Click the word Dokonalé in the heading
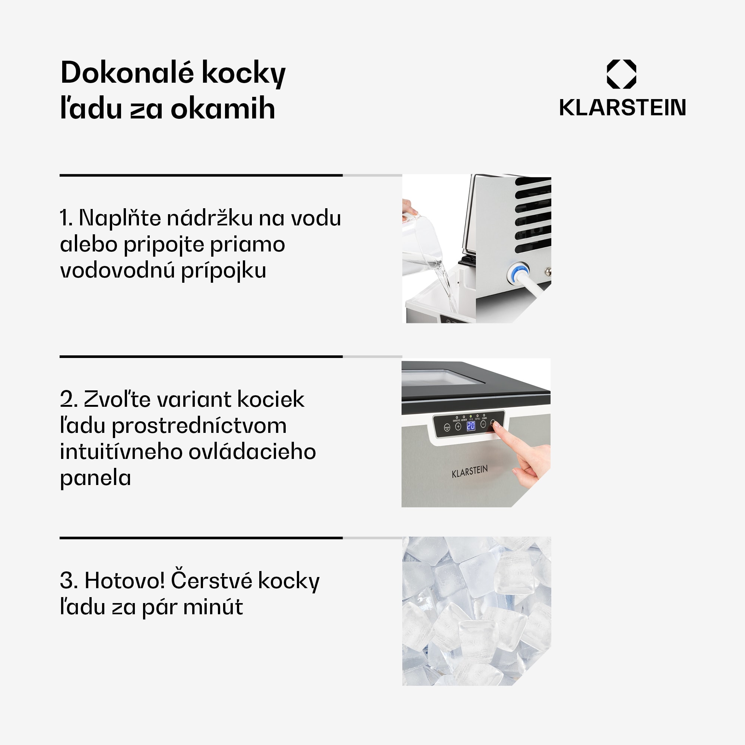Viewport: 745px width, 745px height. [127, 73]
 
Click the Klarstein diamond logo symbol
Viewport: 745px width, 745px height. [621, 74]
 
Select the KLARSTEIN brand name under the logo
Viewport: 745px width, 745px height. [622, 108]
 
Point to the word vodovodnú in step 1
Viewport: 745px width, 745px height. [117, 270]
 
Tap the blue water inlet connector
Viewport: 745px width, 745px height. [517, 273]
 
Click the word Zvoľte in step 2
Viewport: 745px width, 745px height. [105, 399]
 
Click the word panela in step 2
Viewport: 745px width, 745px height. [95, 478]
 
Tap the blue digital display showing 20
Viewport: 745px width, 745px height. [471, 426]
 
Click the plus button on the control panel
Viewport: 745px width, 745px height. [458, 427]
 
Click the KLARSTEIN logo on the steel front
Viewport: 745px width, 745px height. [470, 471]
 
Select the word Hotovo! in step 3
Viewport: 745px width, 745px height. [124, 581]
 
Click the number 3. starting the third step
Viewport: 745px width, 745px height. [69, 581]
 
